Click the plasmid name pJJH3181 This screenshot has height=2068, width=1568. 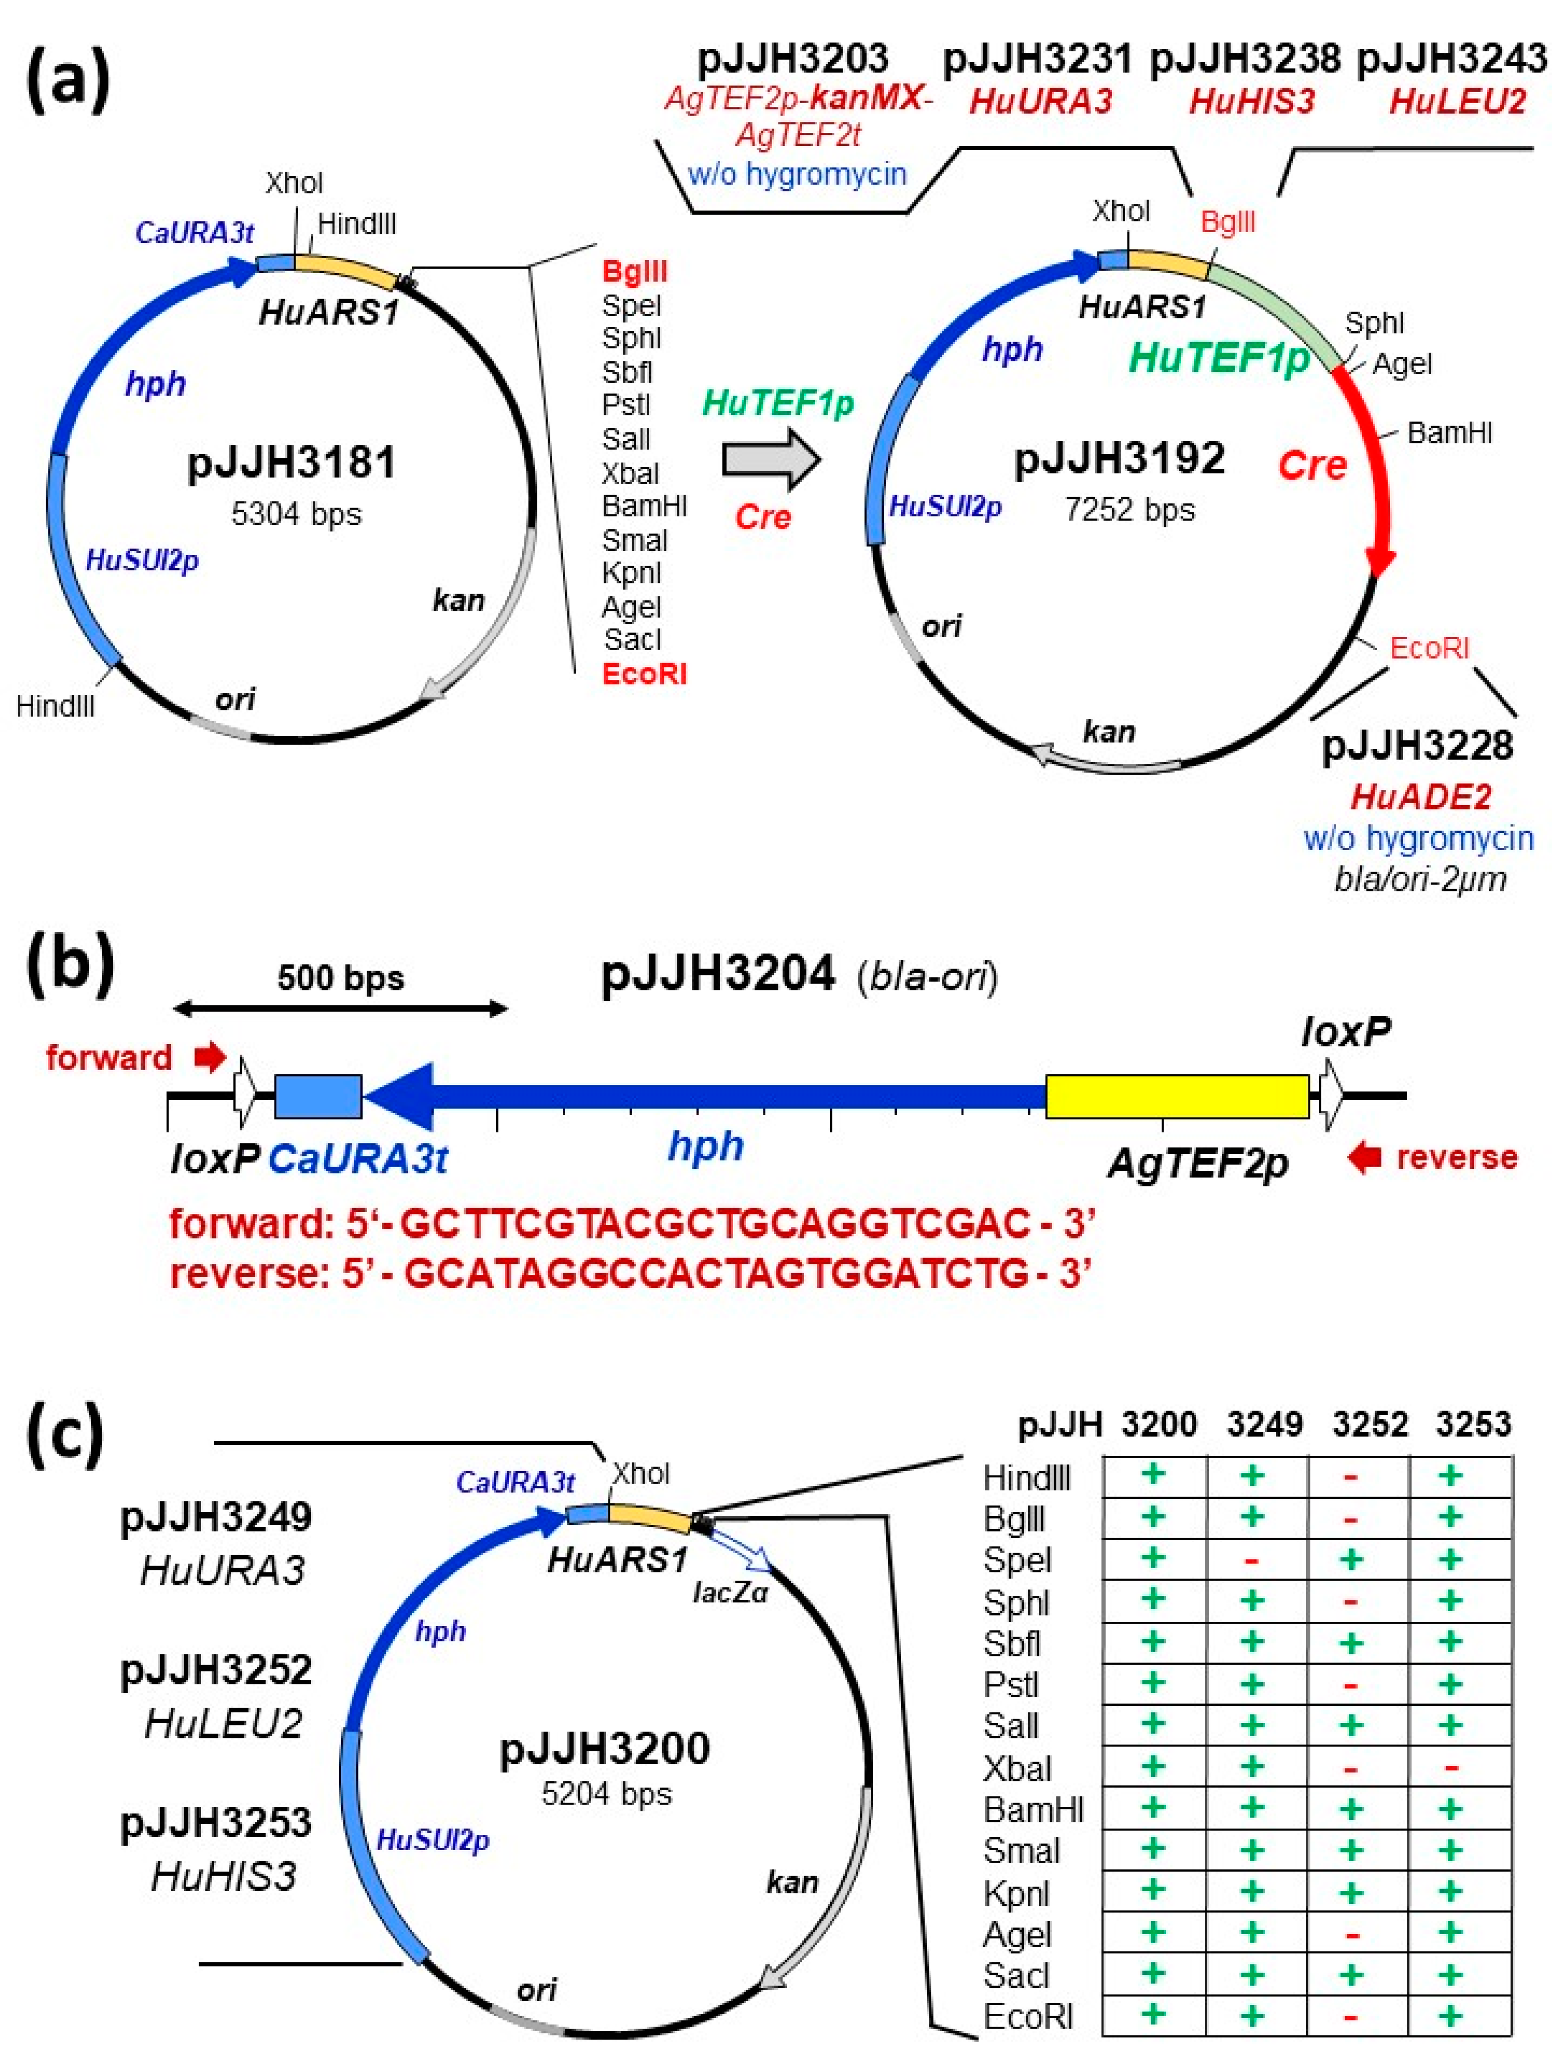point(292,463)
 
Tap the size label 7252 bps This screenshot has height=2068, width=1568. point(1129,510)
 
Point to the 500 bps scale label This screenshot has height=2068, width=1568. point(340,978)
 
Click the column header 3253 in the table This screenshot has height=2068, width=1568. point(1473,1424)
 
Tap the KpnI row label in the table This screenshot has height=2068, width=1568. point(1016,1893)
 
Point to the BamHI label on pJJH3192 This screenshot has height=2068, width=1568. point(1449,433)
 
